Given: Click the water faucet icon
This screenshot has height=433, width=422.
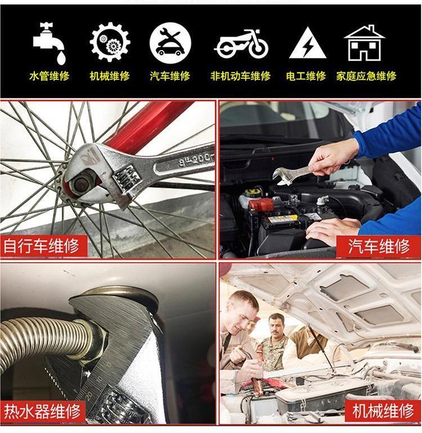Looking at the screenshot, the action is [x=48, y=42].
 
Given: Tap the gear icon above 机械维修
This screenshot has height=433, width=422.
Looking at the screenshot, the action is [x=110, y=42].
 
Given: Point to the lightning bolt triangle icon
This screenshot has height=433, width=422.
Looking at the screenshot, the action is [x=308, y=43].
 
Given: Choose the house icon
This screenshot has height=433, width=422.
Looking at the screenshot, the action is [x=364, y=43].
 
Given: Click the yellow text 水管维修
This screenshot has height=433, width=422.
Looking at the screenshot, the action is [x=49, y=76].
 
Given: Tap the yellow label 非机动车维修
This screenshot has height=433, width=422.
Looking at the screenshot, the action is [x=240, y=76].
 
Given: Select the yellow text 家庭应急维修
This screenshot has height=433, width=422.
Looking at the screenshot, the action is [x=366, y=76].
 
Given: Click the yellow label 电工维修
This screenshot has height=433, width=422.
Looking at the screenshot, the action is [x=306, y=76].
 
